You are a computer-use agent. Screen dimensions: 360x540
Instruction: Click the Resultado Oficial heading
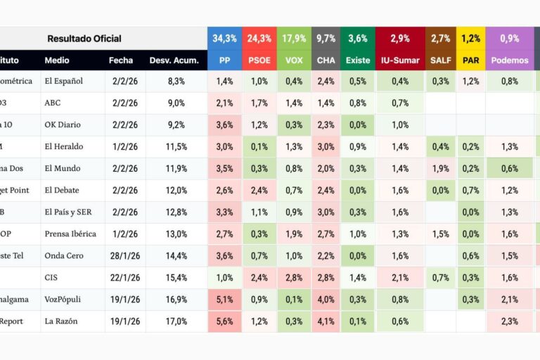point(84,39)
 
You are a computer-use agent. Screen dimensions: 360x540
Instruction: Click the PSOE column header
point(259,60)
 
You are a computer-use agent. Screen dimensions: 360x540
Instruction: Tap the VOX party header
point(294,60)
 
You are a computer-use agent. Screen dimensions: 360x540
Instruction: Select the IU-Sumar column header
point(400,60)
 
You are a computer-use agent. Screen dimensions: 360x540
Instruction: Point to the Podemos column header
point(510,60)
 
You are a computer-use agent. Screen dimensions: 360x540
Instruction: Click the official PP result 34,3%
point(224,39)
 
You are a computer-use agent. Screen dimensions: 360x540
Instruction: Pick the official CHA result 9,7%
point(326,39)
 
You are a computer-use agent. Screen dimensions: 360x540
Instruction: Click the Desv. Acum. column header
point(167,60)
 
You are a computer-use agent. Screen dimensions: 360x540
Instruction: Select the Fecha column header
point(121,60)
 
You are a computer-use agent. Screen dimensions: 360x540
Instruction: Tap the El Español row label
point(63,82)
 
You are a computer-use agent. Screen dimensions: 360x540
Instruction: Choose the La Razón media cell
point(61,321)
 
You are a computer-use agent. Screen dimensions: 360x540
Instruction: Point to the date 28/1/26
point(126,256)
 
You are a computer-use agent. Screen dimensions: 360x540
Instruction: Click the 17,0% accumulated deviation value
point(176,321)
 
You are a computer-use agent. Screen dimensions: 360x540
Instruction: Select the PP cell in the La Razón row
point(224,321)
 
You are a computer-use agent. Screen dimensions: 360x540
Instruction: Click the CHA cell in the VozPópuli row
point(326,300)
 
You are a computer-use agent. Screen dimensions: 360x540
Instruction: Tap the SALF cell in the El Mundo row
point(441,169)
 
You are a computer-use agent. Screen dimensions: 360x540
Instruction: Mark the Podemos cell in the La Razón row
point(510,321)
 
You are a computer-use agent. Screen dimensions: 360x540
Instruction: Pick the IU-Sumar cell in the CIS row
point(400,278)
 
